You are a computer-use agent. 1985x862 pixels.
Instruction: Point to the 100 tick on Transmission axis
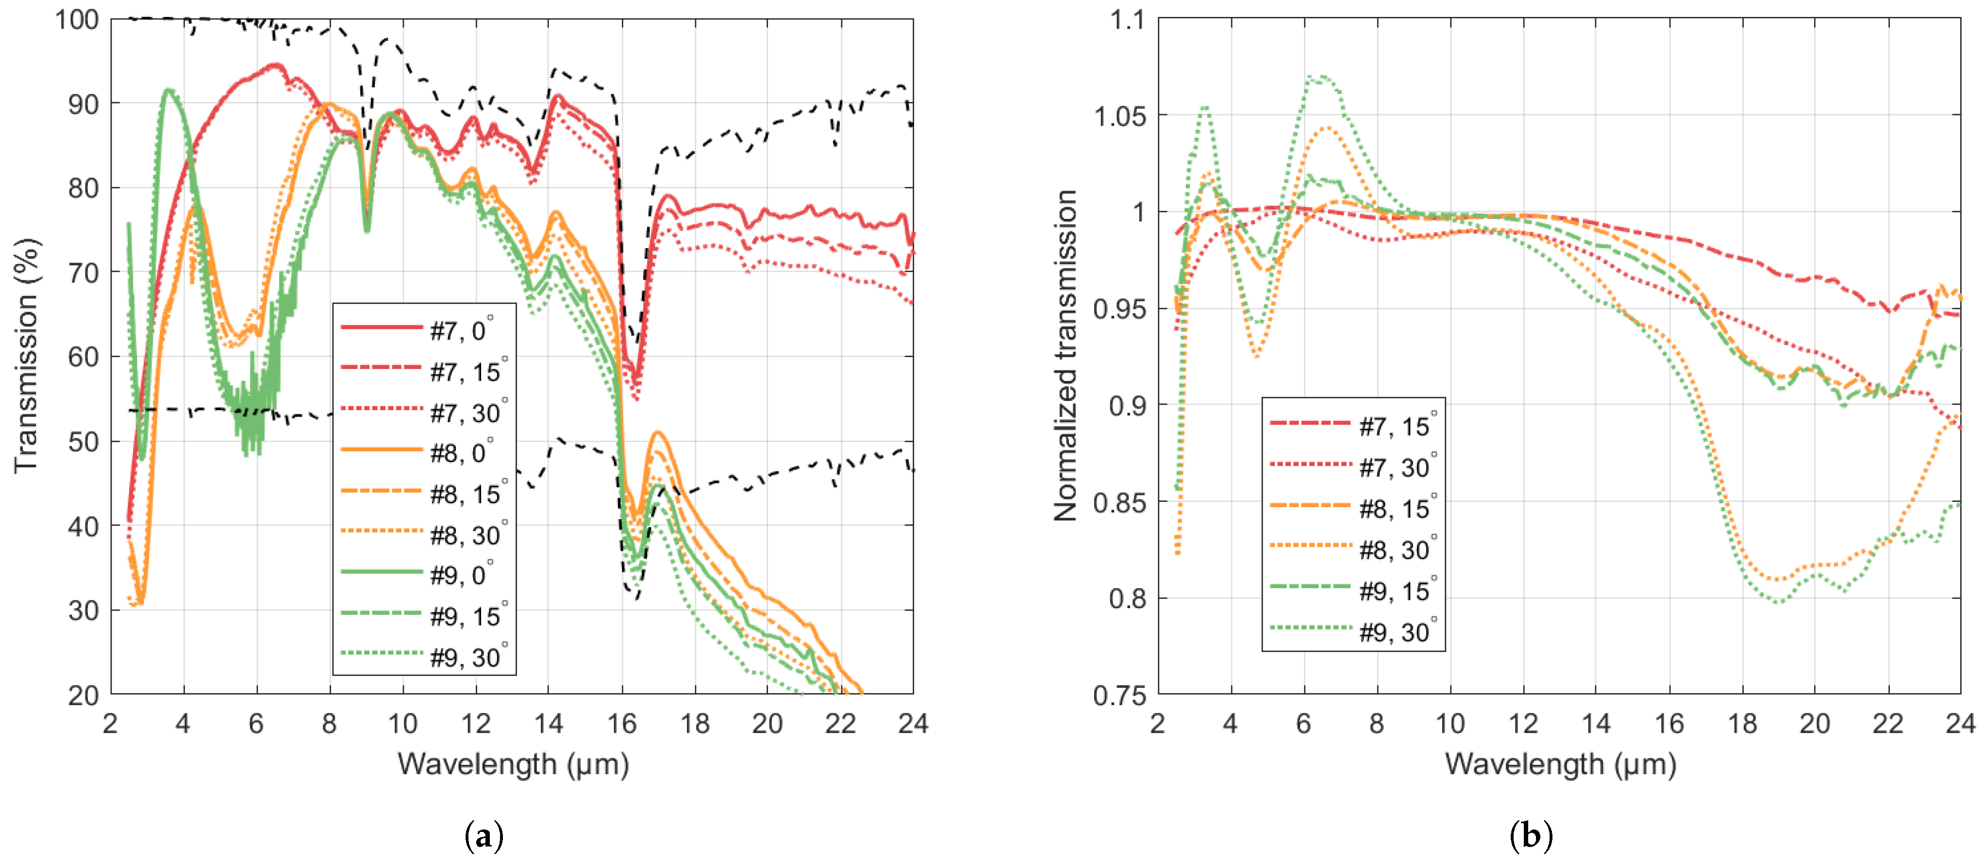point(77,19)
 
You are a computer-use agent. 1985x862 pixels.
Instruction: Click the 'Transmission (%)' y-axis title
point(26,356)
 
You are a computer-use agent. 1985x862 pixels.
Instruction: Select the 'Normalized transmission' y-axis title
point(1065,356)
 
